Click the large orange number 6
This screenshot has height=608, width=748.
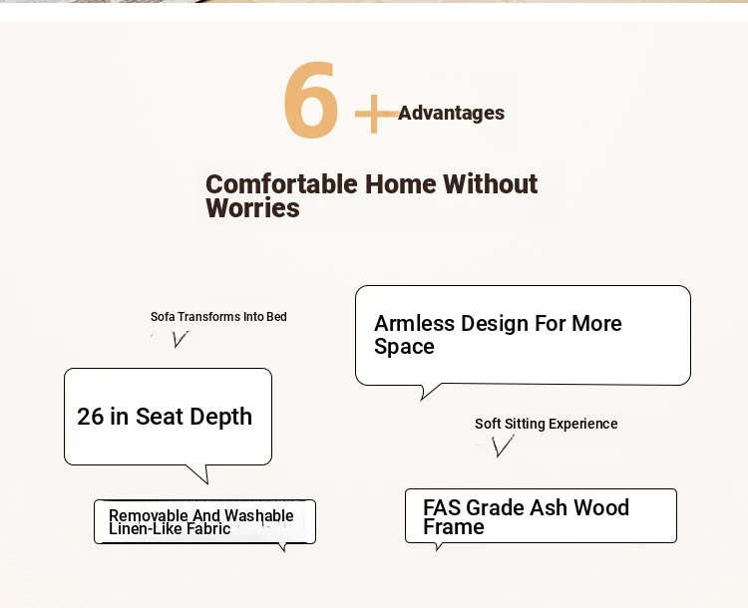tap(311, 100)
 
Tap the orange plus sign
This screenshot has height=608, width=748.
tap(376, 114)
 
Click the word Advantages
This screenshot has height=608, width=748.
tap(451, 113)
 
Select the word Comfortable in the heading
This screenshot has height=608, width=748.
tap(281, 184)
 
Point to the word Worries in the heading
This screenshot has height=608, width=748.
tap(253, 208)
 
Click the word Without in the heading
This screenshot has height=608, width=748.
tap(491, 183)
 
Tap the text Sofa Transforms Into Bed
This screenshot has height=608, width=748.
tap(218, 317)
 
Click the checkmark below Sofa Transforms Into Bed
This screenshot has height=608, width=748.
tap(180, 339)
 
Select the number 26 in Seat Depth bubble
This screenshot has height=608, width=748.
tap(90, 417)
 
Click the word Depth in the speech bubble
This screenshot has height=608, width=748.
tap(221, 417)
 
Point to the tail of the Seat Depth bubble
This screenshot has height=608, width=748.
tap(200, 474)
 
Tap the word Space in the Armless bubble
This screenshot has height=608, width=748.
tap(404, 347)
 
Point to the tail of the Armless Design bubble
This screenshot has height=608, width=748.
tap(428, 392)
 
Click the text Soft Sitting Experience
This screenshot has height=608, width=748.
tap(547, 424)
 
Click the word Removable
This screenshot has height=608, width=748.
tap(149, 515)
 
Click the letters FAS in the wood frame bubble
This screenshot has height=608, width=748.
tap(442, 507)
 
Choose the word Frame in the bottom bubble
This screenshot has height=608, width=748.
tap(454, 527)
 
